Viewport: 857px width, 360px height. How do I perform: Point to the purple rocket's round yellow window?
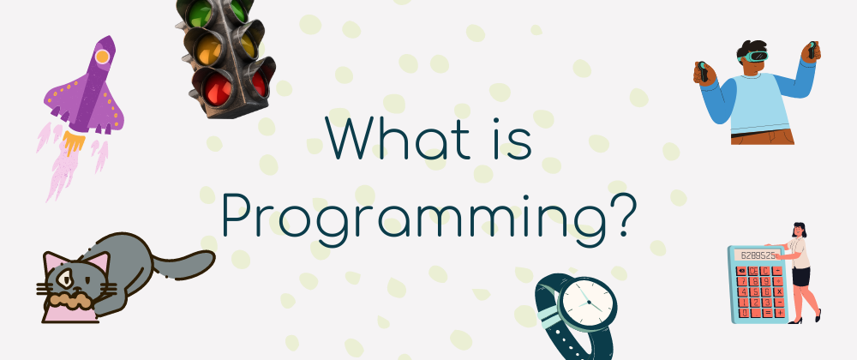pyautogui.click(x=102, y=57)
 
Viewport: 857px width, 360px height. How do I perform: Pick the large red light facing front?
pyautogui.click(x=218, y=90)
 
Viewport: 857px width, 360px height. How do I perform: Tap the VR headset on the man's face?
pyautogui.click(x=754, y=56)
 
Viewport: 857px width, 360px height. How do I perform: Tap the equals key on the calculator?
pyautogui.click(x=767, y=313)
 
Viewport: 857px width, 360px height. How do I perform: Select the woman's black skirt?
pyautogui.click(x=801, y=276)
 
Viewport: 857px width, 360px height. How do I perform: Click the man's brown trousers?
pyautogui.click(x=763, y=136)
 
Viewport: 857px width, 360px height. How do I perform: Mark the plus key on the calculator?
pyautogui.click(x=779, y=313)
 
